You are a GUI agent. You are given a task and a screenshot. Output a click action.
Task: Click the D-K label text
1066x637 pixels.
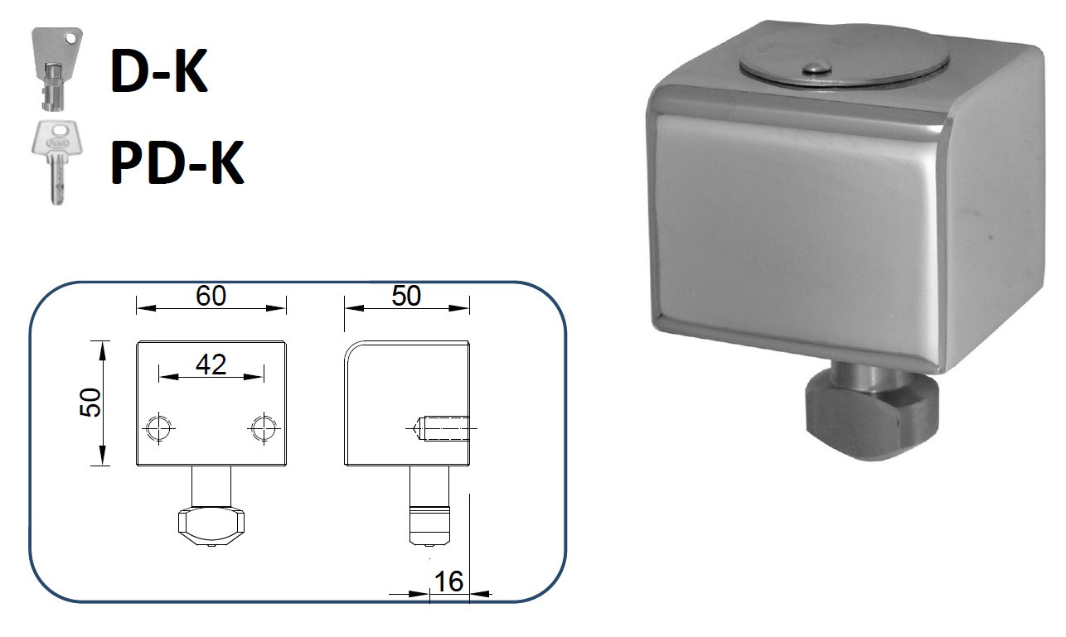pos(158,71)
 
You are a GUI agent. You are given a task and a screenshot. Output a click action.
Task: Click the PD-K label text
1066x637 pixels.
pos(177,163)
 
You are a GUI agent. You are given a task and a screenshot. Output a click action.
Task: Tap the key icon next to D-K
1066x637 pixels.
pos(56,68)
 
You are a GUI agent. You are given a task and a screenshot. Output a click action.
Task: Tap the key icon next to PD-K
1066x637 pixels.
pos(55,162)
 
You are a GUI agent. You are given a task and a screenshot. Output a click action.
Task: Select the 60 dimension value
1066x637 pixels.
pos(211,296)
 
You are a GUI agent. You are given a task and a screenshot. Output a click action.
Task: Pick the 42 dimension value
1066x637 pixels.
pos(211,364)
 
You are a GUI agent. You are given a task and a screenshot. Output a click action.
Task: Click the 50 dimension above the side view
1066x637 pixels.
pos(406,296)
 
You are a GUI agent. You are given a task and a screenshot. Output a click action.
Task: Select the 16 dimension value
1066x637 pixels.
pos(448,582)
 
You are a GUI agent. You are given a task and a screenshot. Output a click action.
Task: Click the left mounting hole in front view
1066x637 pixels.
pos(158,428)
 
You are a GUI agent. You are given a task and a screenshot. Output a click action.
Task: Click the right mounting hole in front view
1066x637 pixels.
pos(263,428)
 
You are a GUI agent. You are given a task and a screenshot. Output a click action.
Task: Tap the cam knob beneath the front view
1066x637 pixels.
pos(212,525)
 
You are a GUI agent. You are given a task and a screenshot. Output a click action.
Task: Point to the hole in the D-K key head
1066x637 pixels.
pos(73,38)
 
